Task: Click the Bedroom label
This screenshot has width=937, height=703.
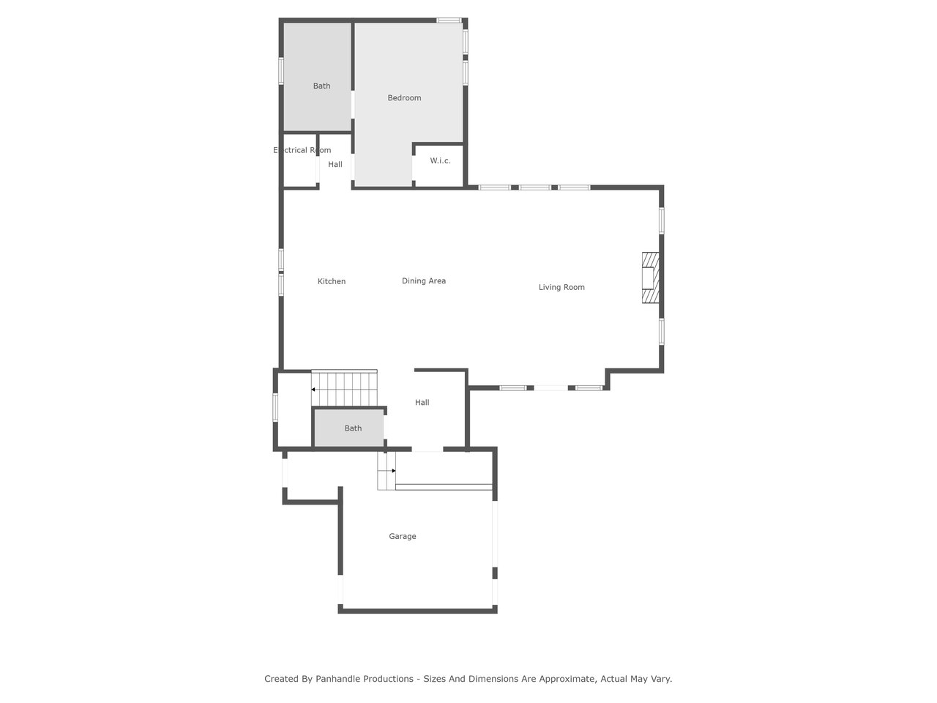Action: (x=404, y=97)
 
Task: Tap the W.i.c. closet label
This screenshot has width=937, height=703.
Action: (x=440, y=160)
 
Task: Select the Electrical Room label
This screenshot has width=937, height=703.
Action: (x=302, y=150)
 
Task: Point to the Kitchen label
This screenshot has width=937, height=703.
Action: (x=332, y=281)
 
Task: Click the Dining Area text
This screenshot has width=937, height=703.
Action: (x=423, y=281)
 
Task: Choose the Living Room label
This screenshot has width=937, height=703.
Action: (x=561, y=287)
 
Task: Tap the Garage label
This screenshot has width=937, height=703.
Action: (x=402, y=537)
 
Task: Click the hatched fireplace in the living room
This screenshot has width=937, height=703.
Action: (x=650, y=278)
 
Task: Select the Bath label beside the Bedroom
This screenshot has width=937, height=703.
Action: (x=321, y=86)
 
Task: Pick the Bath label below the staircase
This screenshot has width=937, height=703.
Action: (x=353, y=428)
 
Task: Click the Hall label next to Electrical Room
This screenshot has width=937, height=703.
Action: (x=335, y=164)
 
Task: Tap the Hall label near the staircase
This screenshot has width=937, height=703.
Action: (x=422, y=403)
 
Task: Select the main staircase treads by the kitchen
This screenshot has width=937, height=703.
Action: (x=344, y=388)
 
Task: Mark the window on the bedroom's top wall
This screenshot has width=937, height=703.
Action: (x=449, y=20)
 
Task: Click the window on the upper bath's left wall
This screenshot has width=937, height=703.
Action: (x=281, y=70)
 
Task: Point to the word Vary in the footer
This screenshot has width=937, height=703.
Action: (x=661, y=679)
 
